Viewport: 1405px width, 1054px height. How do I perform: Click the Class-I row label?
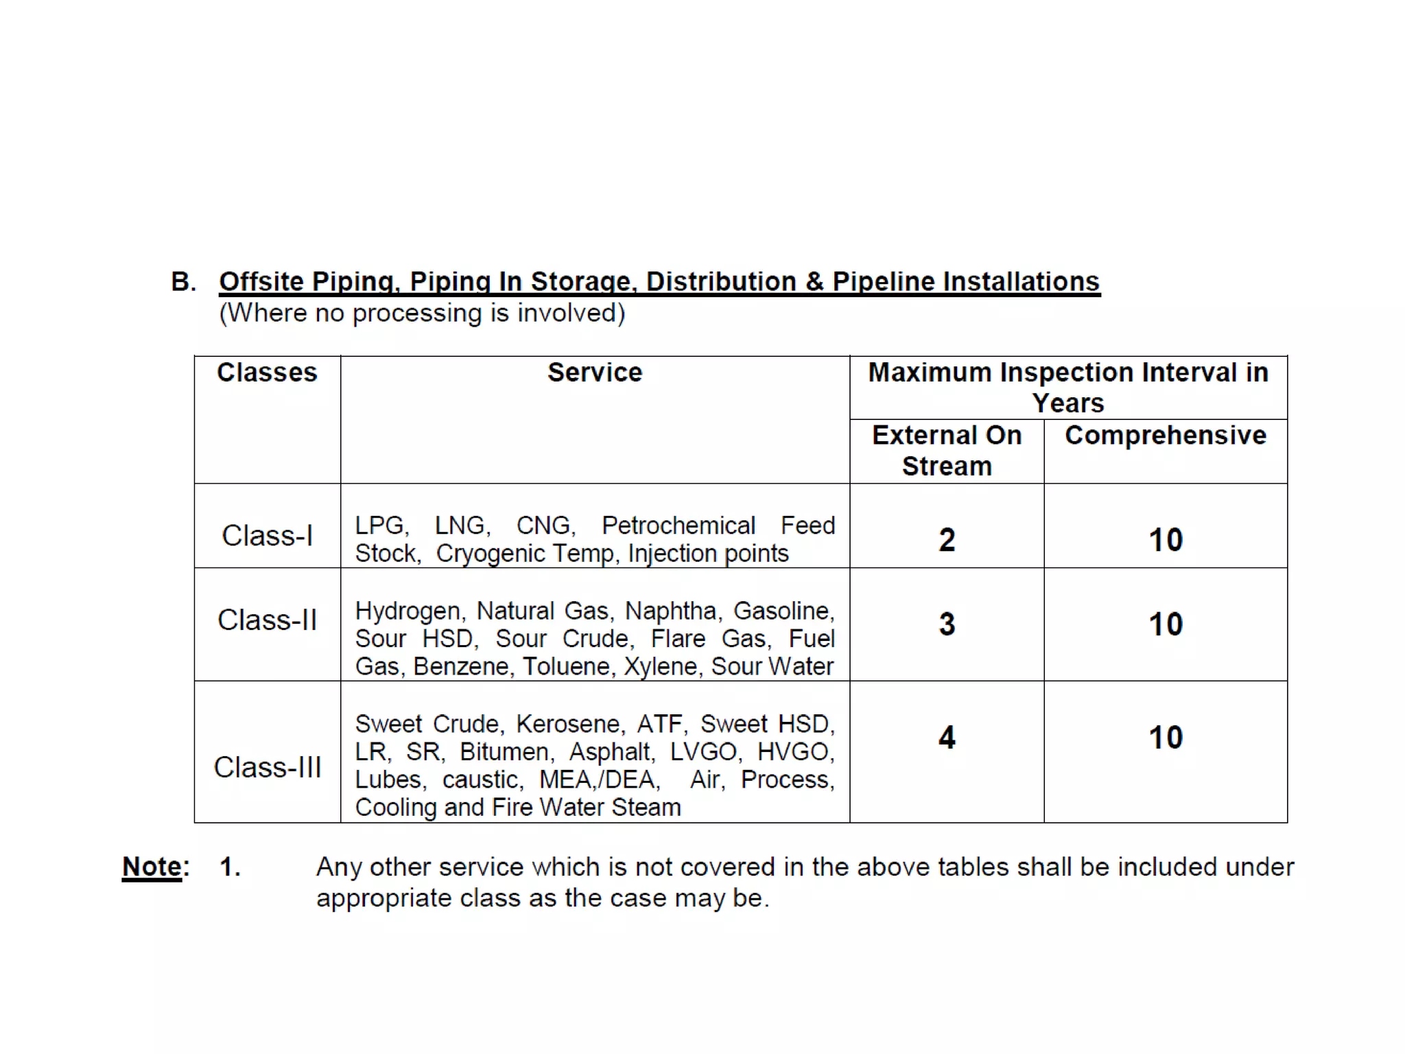pos(267,536)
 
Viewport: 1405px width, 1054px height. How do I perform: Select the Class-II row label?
pos(267,620)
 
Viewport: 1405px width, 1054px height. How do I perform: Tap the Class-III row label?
pos(267,767)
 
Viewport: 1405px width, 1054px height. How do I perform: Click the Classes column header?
pos(267,373)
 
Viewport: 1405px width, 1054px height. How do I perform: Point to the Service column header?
pos(595,373)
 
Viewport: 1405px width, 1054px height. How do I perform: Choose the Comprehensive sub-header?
pos(1165,436)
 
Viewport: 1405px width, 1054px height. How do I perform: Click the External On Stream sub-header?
pos(947,451)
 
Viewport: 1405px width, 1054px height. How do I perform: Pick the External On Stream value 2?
pos(947,540)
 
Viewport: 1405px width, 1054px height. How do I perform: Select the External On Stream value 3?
pos(947,624)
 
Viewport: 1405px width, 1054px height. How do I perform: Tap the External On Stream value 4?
pos(947,738)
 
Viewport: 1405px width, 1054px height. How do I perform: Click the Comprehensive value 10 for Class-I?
pos(1166,540)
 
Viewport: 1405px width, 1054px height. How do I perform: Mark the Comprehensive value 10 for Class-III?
pos(1166,738)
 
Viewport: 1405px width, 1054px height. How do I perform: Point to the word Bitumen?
pos(505,752)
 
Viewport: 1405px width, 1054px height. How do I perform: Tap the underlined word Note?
pos(152,867)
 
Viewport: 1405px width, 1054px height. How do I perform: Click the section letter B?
pos(182,282)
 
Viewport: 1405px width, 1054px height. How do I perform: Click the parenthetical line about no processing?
pos(422,314)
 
